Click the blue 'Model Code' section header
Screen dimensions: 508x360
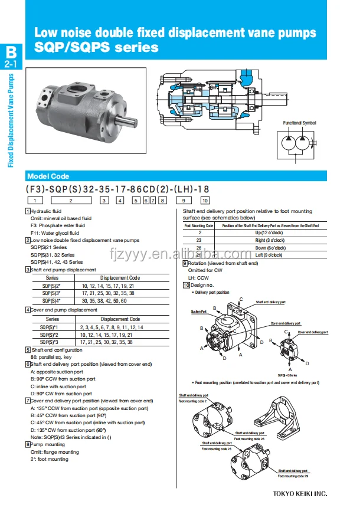point(48,176)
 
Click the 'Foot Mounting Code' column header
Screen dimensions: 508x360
point(198,226)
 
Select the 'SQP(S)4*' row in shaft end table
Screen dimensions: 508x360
point(52,300)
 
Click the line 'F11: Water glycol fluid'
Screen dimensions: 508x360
point(55,232)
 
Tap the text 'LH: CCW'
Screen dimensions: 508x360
point(198,277)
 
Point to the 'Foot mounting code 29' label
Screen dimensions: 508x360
point(293,476)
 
